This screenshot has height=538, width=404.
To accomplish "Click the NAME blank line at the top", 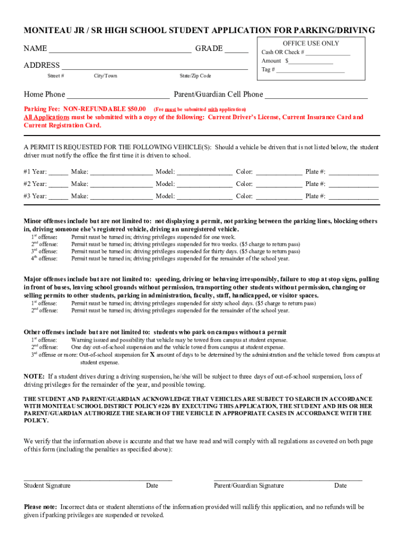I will (x=120, y=50).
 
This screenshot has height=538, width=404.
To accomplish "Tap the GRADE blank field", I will (x=237, y=50).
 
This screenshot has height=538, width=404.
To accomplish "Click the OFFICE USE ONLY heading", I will (x=311, y=43).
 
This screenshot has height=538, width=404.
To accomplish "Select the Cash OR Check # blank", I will (x=328, y=53).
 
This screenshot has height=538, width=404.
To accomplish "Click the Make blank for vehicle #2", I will (x=121, y=185).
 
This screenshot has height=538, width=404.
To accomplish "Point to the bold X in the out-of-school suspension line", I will (x=152, y=355).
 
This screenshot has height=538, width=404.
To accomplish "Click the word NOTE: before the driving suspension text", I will (x=34, y=377).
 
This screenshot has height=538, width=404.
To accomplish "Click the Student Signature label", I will (x=47, y=485).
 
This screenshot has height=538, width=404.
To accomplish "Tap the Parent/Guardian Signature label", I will (x=249, y=485).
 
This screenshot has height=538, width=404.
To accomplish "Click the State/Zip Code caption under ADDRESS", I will (x=195, y=76).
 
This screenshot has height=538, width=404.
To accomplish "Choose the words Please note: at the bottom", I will (x=41, y=507).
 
